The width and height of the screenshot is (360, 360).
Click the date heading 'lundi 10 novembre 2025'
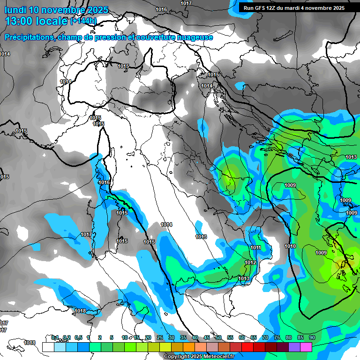tap(56, 10)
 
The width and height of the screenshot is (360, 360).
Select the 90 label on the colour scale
tap(312, 337)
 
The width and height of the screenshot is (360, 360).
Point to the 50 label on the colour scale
tap(218, 337)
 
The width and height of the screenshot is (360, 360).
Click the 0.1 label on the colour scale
tap(54, 337)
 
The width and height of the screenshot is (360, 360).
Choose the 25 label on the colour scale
tap(159, 337)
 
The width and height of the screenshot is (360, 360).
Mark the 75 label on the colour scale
tap(277, 337)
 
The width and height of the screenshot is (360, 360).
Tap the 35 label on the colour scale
tap(183, 337)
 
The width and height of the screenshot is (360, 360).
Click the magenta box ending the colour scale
tap(306, 347)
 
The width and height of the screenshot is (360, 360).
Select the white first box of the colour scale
tap(48, 347)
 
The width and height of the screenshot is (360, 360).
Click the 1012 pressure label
tap(251, 263)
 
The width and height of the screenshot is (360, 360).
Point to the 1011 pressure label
tap(255, 248)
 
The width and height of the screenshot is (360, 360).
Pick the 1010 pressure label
tap(290, 246)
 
